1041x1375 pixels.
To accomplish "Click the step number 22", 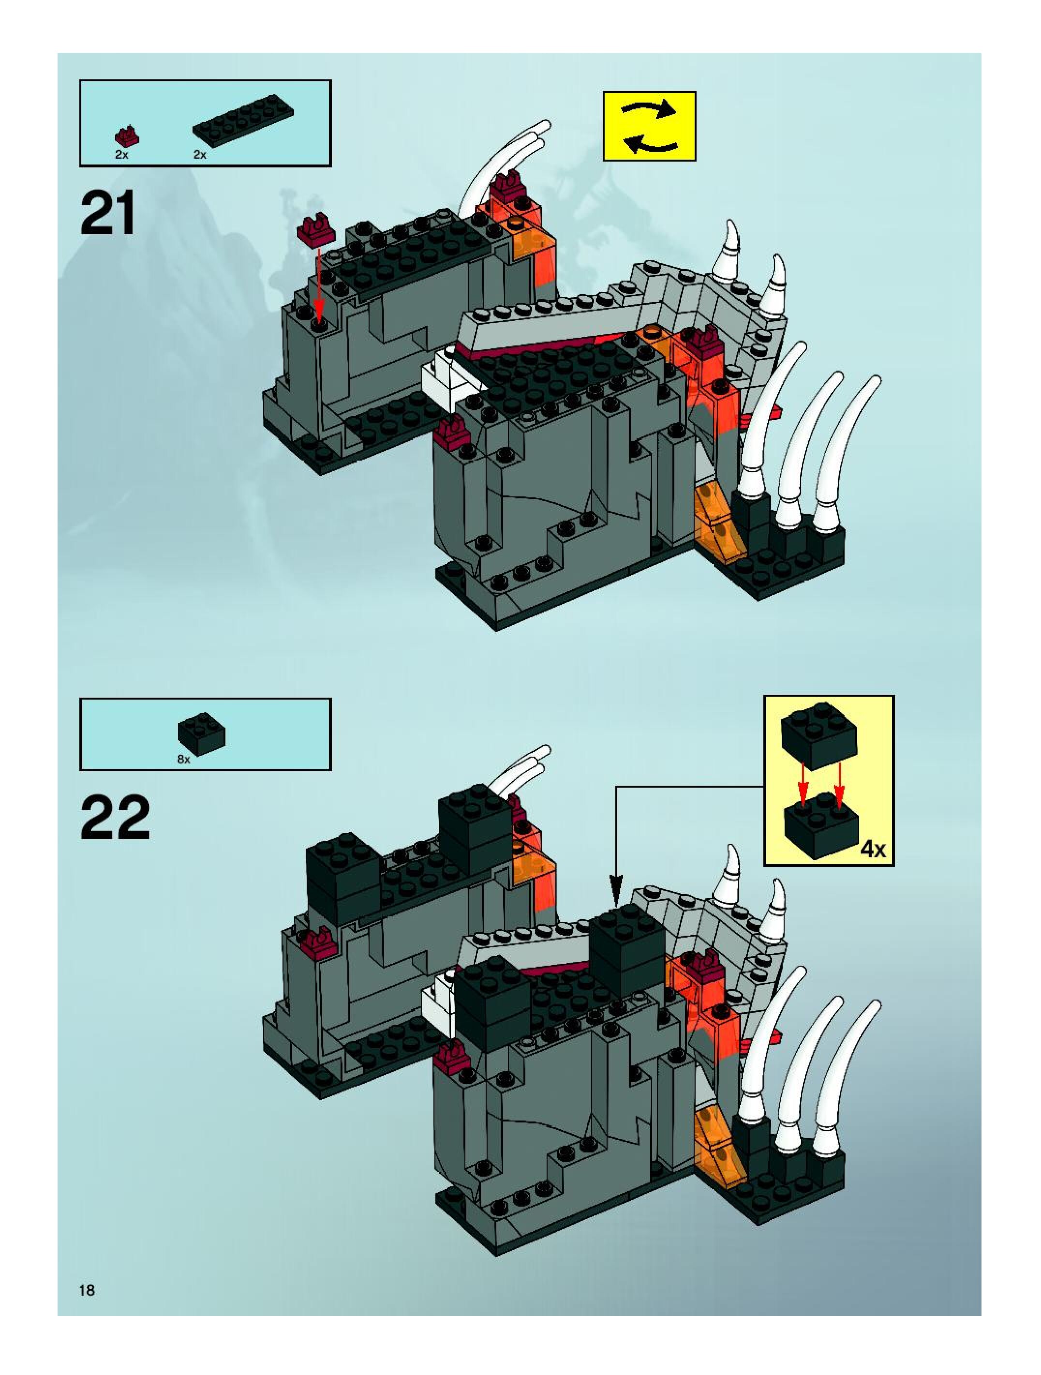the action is [x=115, y=818].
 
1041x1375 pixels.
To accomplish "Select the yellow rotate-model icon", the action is [x=649, y=126].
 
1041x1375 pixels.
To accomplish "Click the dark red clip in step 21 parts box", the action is [x=127, y=135].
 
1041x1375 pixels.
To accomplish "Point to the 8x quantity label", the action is [x=183, y=760].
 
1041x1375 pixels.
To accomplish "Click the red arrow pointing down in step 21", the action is [x=318, y=286].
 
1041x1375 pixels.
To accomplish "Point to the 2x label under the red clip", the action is [x=122, y=155].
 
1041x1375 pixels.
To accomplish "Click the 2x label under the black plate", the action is [x=199, y=155].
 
